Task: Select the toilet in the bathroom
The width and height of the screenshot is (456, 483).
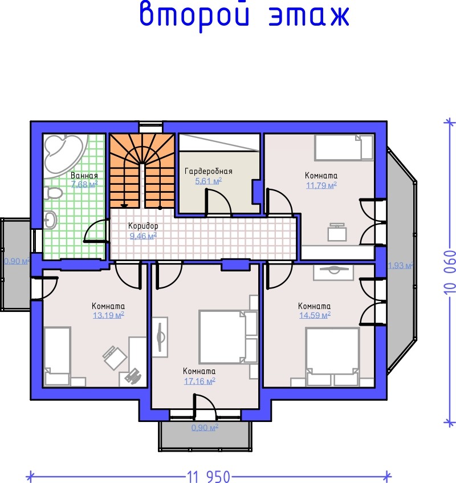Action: [x=53, y=193]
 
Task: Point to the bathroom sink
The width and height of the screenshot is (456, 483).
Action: [x=50, y=220]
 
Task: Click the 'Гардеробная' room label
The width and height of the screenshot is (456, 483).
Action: [x=209, y=171]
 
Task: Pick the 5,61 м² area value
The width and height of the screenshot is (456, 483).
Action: [x=209, y=181]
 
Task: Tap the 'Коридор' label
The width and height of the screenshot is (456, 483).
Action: [x=143, y=226]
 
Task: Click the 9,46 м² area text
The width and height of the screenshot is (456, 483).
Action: [x=143, y=236]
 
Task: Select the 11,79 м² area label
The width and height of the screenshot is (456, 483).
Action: [x=321, y=185]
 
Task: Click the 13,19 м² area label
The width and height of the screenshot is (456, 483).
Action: [x=108, y=315]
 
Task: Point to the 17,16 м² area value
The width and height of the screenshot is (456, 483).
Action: [x=199, y=381]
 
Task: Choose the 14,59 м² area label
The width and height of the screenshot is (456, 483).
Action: [x=315, y=315]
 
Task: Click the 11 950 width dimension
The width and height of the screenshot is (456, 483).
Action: [x=209, y=476]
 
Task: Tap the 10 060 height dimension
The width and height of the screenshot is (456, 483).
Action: [x=450, y=273]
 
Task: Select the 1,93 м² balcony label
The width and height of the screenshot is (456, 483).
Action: [x=400, y=265]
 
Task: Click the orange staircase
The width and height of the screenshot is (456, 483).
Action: [x=142, y=171]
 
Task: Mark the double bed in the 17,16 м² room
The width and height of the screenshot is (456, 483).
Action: [x=228, y=337]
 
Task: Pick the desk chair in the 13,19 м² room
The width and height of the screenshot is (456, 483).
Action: [x=114, y=358]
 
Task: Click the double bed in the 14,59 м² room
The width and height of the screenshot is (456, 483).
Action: [x=332, y=357]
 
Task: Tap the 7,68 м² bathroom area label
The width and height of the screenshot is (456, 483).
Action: [x=84, y=184]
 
